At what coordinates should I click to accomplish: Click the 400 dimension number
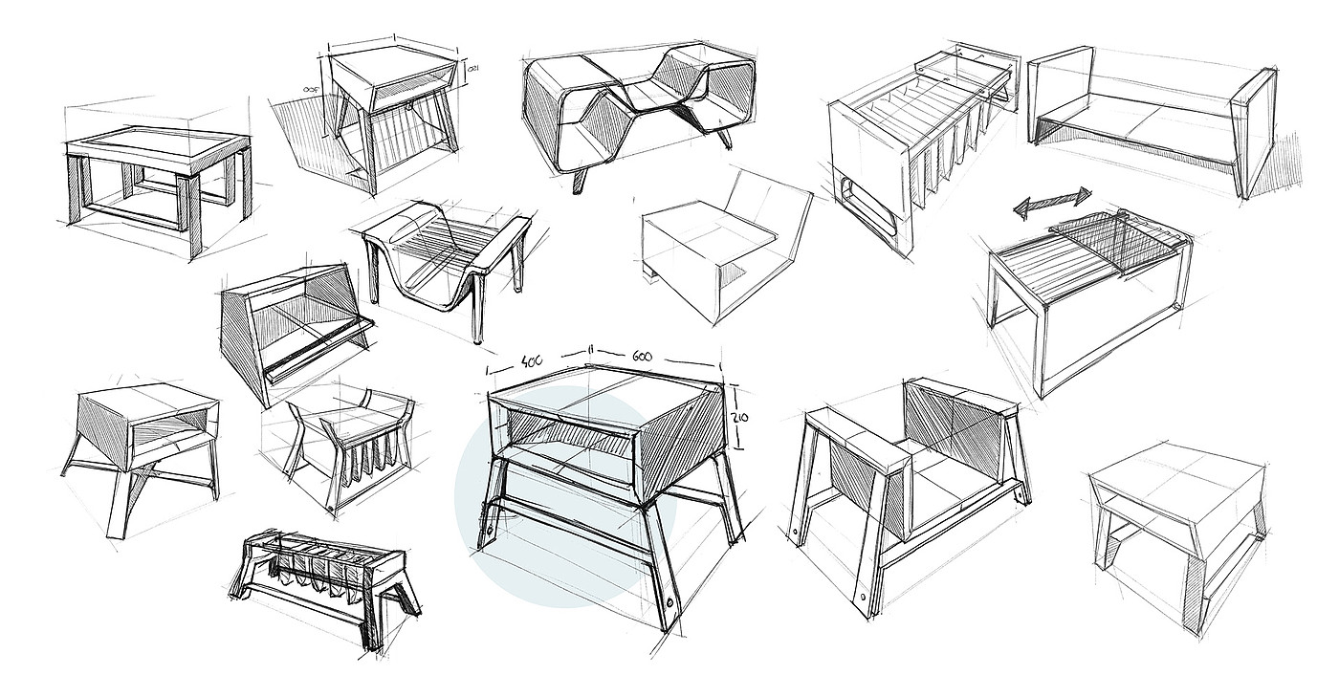click(x=532, y=361)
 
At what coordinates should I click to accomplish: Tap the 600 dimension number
click(x=642, y=356)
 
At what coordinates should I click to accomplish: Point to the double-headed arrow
click(x=1052, y=203)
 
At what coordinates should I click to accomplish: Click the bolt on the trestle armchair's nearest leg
click(x=866, y=595)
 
